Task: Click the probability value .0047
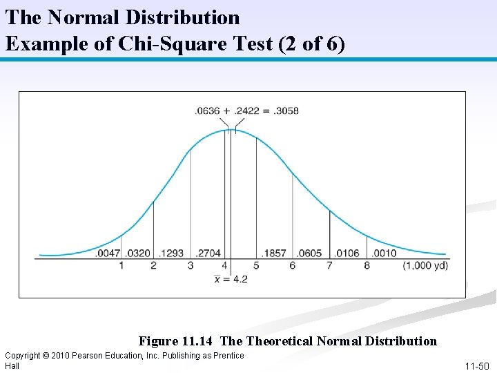[x=108, y=253]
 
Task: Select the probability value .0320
[x=139, y=253]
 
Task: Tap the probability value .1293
[x=172, y=253]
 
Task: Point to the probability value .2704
[x=208, y=253]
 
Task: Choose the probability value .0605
[x=309, y=253]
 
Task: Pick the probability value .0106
[x=347, y=253]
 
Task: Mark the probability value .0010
[x=384, y=253]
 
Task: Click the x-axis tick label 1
[x=121, y=265]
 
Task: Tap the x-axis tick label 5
[x=256, y=265]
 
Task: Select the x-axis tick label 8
[x=367, y=265]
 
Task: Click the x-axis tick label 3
[x=191, y=265]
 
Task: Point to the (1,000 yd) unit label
[x=426, y=265]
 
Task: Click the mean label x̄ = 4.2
[x=231, y=279]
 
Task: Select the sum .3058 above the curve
[x=286, y=111]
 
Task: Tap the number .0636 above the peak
[x=208, y=111]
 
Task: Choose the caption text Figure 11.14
[x=177, y=341]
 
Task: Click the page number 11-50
[x=476, y=365]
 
